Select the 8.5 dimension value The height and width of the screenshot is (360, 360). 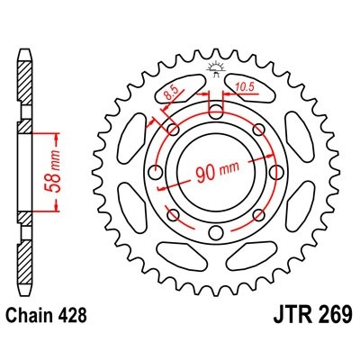(x=171, y=91)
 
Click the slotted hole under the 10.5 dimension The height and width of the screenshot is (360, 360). (x=216, y=111)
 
